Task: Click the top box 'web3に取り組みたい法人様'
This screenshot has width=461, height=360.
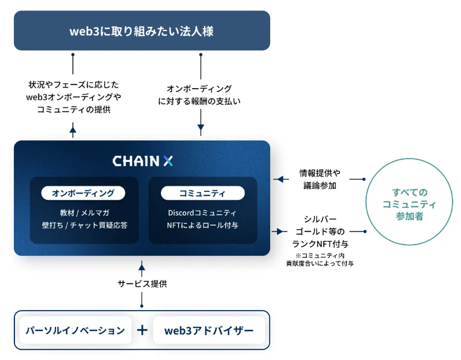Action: click(142, 31)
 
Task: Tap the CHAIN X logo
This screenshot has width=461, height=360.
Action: click(143, 161)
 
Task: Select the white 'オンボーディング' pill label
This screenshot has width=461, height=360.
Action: click(83, 193)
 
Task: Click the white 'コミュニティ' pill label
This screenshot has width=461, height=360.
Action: click(202, 193)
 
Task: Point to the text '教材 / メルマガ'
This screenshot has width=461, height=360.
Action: click(85, 212)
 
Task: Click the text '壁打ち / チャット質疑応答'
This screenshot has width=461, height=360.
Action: click(85, 225)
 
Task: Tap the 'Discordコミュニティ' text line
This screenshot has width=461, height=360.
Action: click(202, 212)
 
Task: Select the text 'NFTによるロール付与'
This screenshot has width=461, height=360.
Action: click(202, 225)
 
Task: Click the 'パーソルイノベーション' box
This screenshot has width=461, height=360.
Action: click(75, 330)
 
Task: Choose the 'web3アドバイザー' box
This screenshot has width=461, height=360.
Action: click(209, 330)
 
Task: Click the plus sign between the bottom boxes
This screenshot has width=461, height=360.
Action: click(143, 330)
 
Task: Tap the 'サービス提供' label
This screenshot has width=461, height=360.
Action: click(143, 283)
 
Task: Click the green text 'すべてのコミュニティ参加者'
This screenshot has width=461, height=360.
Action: click(409, 204)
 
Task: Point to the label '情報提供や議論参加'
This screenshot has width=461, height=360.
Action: click(320, 179)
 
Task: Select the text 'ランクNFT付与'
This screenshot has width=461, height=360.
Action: click(320, 244)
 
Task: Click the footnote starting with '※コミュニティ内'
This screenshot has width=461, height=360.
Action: click(320, 260)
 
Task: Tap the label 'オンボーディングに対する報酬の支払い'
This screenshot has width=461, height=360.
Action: click(199, 95)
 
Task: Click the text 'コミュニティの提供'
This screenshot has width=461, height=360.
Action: click(74, 109)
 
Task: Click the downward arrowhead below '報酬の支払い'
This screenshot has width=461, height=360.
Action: click(201, 127)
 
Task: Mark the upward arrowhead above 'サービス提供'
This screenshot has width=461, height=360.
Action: click(141, 267)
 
